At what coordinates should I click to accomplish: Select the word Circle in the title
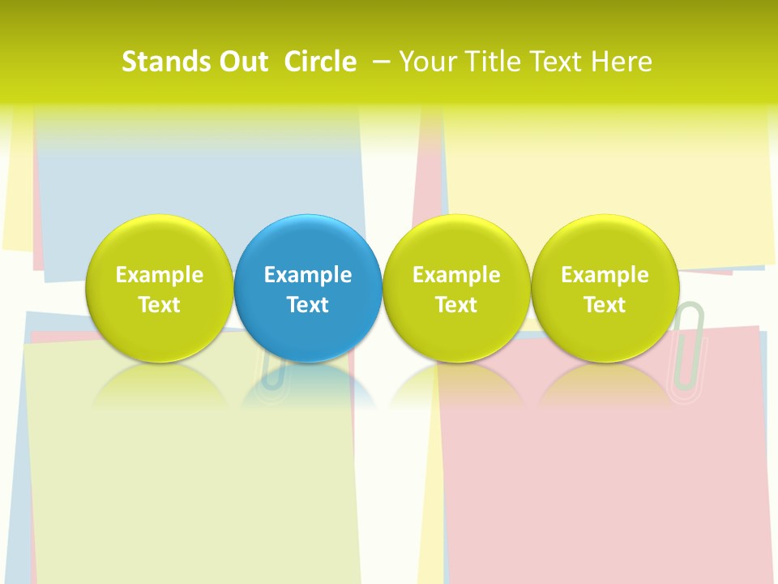(x=320, y=62)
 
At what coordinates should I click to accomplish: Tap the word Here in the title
(x=622, y=62)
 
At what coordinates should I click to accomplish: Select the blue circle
(x=308, y=288)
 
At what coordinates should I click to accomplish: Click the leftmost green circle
(x=160, y=288)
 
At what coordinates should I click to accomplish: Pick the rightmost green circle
(x=605, y=288)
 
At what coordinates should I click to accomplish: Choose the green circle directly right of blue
(x=456, y=288)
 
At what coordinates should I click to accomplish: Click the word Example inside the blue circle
(x=308, y=275)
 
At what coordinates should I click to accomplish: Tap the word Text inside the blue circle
(x=308, y=305)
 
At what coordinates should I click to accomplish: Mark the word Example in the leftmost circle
(x=160, y=275)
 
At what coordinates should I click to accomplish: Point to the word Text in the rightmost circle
(x=605, y=305)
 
